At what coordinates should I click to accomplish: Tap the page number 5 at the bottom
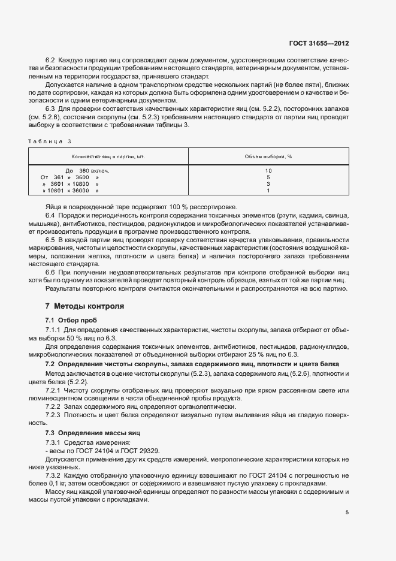tap(347, 513)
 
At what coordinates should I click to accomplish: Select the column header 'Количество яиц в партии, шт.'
tap(108, 156)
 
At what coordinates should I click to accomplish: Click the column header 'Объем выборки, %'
tap(268, 156)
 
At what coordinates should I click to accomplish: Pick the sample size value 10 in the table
tap(268, 171)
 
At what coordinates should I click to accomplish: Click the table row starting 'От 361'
tap(69, 177)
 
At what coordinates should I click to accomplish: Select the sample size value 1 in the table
tap(268, 191)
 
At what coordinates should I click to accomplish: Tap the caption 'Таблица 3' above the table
tap(49, 141)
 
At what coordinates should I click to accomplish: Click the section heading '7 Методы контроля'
tap(85, 306)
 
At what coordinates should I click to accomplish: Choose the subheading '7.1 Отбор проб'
tap(71, 320)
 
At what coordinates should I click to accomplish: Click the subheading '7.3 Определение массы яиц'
tap(92, 432)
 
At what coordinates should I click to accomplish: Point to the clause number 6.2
tap(50, 61)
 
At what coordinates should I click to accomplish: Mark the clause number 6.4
tap(50, 215)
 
